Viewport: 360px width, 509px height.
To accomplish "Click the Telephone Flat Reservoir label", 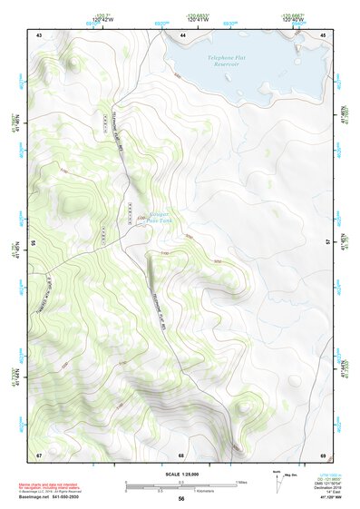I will tap(229, 62).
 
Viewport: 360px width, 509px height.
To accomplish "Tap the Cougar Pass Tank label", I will tap(160, 216).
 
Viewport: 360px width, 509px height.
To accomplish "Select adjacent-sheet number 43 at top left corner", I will tap(39, 34).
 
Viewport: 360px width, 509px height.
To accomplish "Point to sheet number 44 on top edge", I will tap(183, 34).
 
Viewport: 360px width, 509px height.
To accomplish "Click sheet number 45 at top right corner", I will tap(323, 34).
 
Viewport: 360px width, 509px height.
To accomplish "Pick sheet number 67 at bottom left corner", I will tap(39, 454).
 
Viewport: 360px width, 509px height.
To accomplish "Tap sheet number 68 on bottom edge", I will tap(181, 454).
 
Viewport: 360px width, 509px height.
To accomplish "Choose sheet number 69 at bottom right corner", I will tap(323, 454).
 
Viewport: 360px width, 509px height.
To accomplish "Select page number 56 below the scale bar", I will tap(181, 499).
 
